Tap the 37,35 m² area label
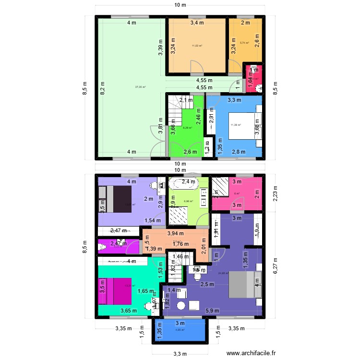click(x=140, y=87)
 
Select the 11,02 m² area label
click(x=197, y=46)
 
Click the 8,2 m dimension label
click(x=102, y=89)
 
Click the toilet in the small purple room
click(x=102, y=247)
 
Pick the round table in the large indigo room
click(x=181, y=305)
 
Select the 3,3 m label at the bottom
click(x=180, y=354)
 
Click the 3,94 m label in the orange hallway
click(x=175, y=233)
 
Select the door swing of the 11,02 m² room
click(x=197, y=67)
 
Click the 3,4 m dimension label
click(x=197, y=23)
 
